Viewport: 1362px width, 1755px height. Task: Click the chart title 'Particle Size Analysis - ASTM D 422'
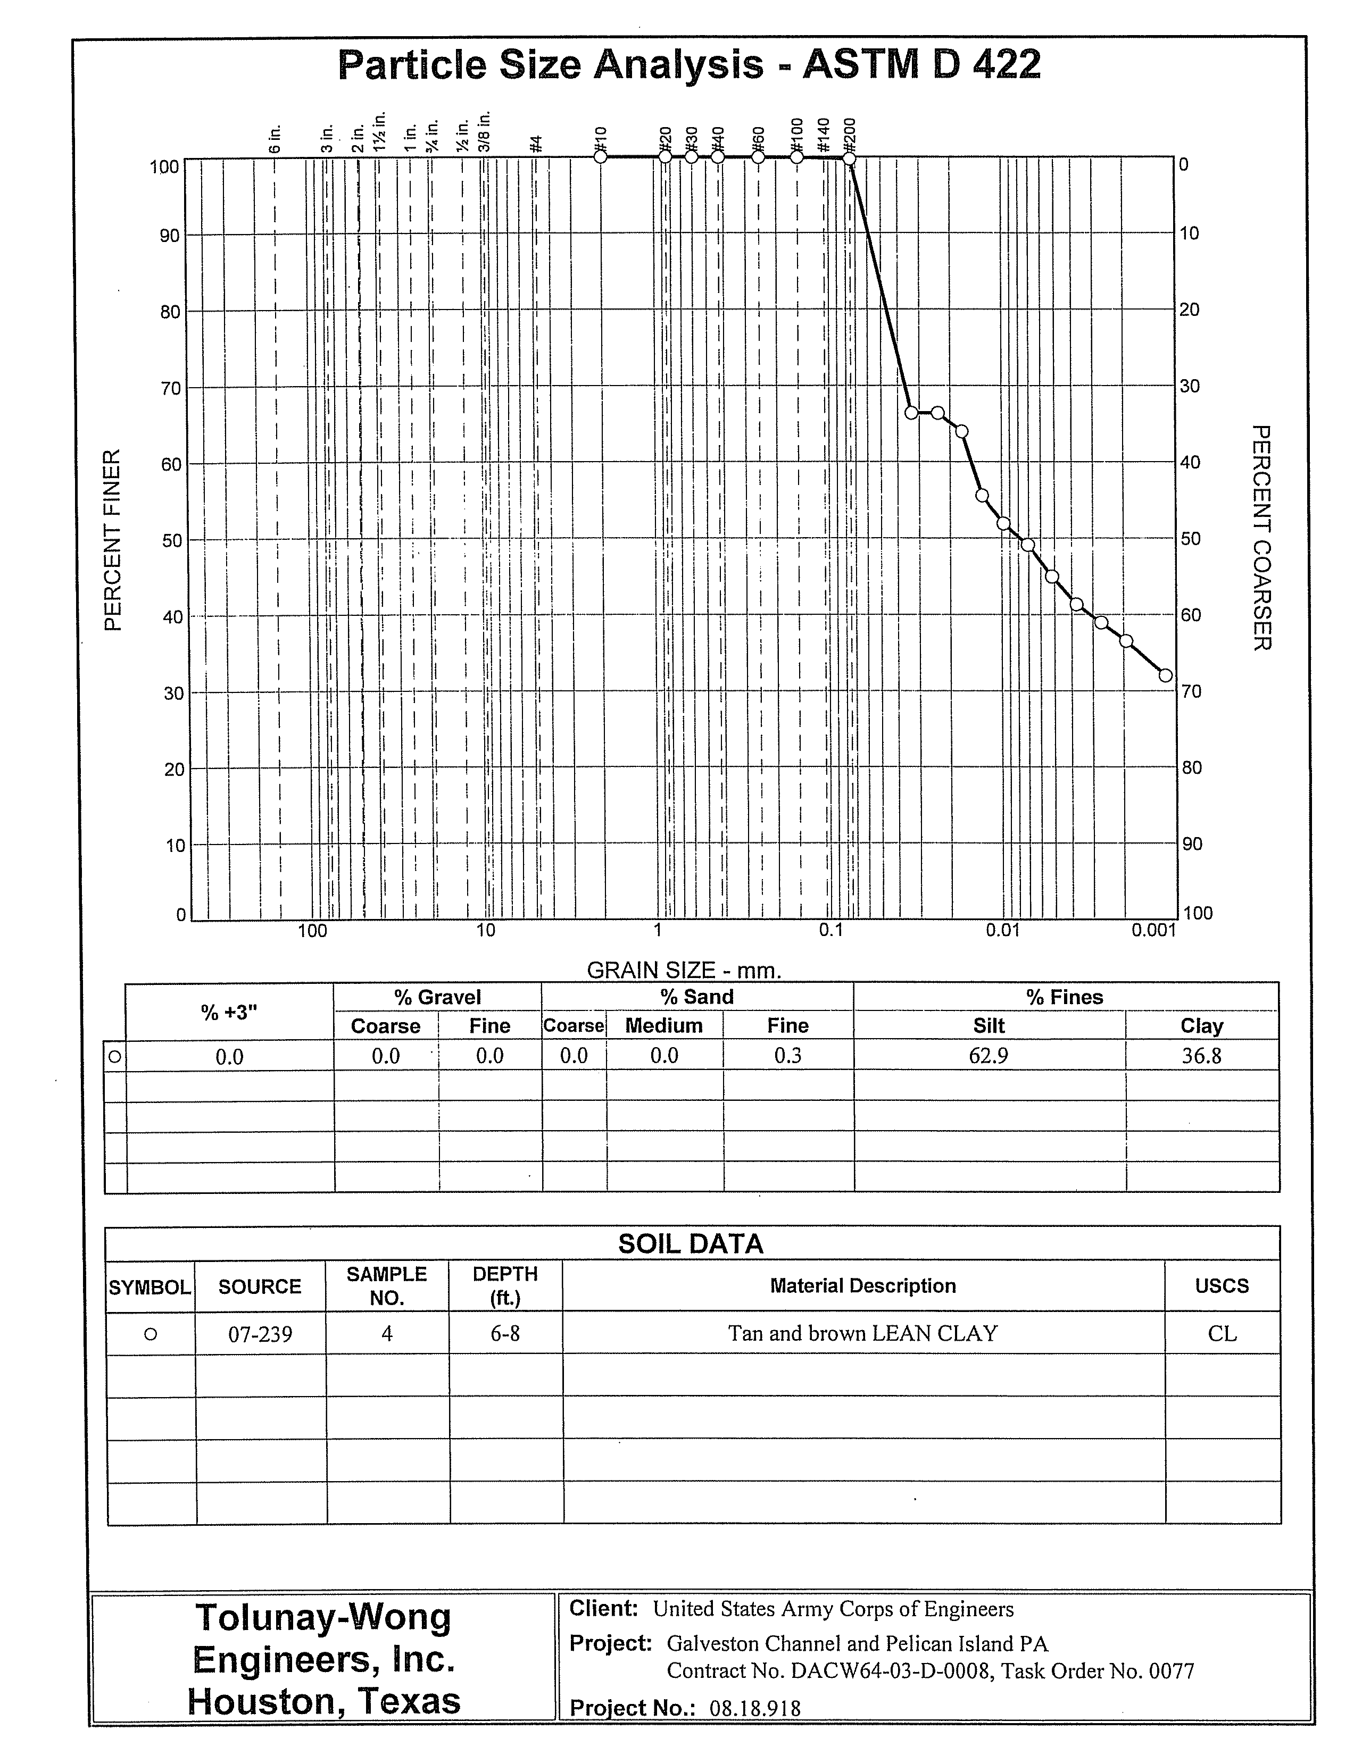pos(689,64)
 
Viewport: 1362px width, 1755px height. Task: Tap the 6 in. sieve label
pos(276,138)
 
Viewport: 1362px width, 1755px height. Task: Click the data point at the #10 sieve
pos(601,157)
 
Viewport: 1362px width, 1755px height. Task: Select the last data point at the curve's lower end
pos(1165,675)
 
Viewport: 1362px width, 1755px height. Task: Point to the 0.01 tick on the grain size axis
pos(1002,931)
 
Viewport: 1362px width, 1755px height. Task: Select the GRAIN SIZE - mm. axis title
pos(684,970)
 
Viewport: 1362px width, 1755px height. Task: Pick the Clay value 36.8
pos(1201,1056)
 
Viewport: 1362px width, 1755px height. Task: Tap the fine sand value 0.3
pos(788,1056)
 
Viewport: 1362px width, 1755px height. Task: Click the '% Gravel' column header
pos(437,997)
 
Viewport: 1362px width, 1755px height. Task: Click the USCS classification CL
pos(1222,1334)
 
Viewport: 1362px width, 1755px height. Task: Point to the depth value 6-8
pos(505,1334)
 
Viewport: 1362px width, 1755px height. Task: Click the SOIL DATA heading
pos(691,1244)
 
